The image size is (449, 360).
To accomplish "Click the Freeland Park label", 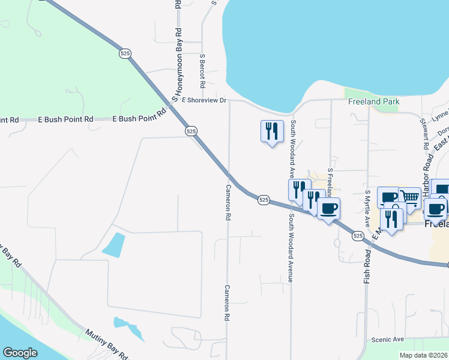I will pos(374,101).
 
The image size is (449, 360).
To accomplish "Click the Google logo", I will pos(20,352).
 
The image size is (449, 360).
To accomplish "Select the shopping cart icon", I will pos(409,197).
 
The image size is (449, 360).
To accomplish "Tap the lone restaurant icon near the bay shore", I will pos(271,131).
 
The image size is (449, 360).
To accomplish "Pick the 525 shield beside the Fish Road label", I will pos(358,236).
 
